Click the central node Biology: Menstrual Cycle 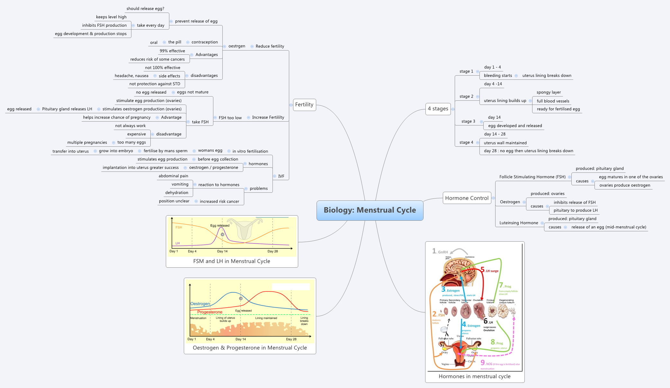pos(370,210)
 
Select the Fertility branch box pos(304,105)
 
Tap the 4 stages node pos(438,109)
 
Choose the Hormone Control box pos(467,198)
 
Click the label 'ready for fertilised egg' pos(558,109)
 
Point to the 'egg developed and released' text pos(515,126)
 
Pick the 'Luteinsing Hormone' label pos(518,223)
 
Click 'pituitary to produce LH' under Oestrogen pos(575,210)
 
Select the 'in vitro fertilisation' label pos(250,151)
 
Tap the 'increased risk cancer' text pos(219,201)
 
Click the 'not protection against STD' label pos(155,84)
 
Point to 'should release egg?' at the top pos(145,9)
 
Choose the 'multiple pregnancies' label pos(87,143)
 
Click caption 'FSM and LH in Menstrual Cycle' pos(231,261)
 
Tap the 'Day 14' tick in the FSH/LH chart pos(222,251)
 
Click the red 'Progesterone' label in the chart pos(210,312)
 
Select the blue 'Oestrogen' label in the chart pos(200,304)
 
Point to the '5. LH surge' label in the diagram pos(490,271)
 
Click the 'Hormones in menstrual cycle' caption pos(474,376)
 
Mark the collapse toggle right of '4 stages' pos(453,109)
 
